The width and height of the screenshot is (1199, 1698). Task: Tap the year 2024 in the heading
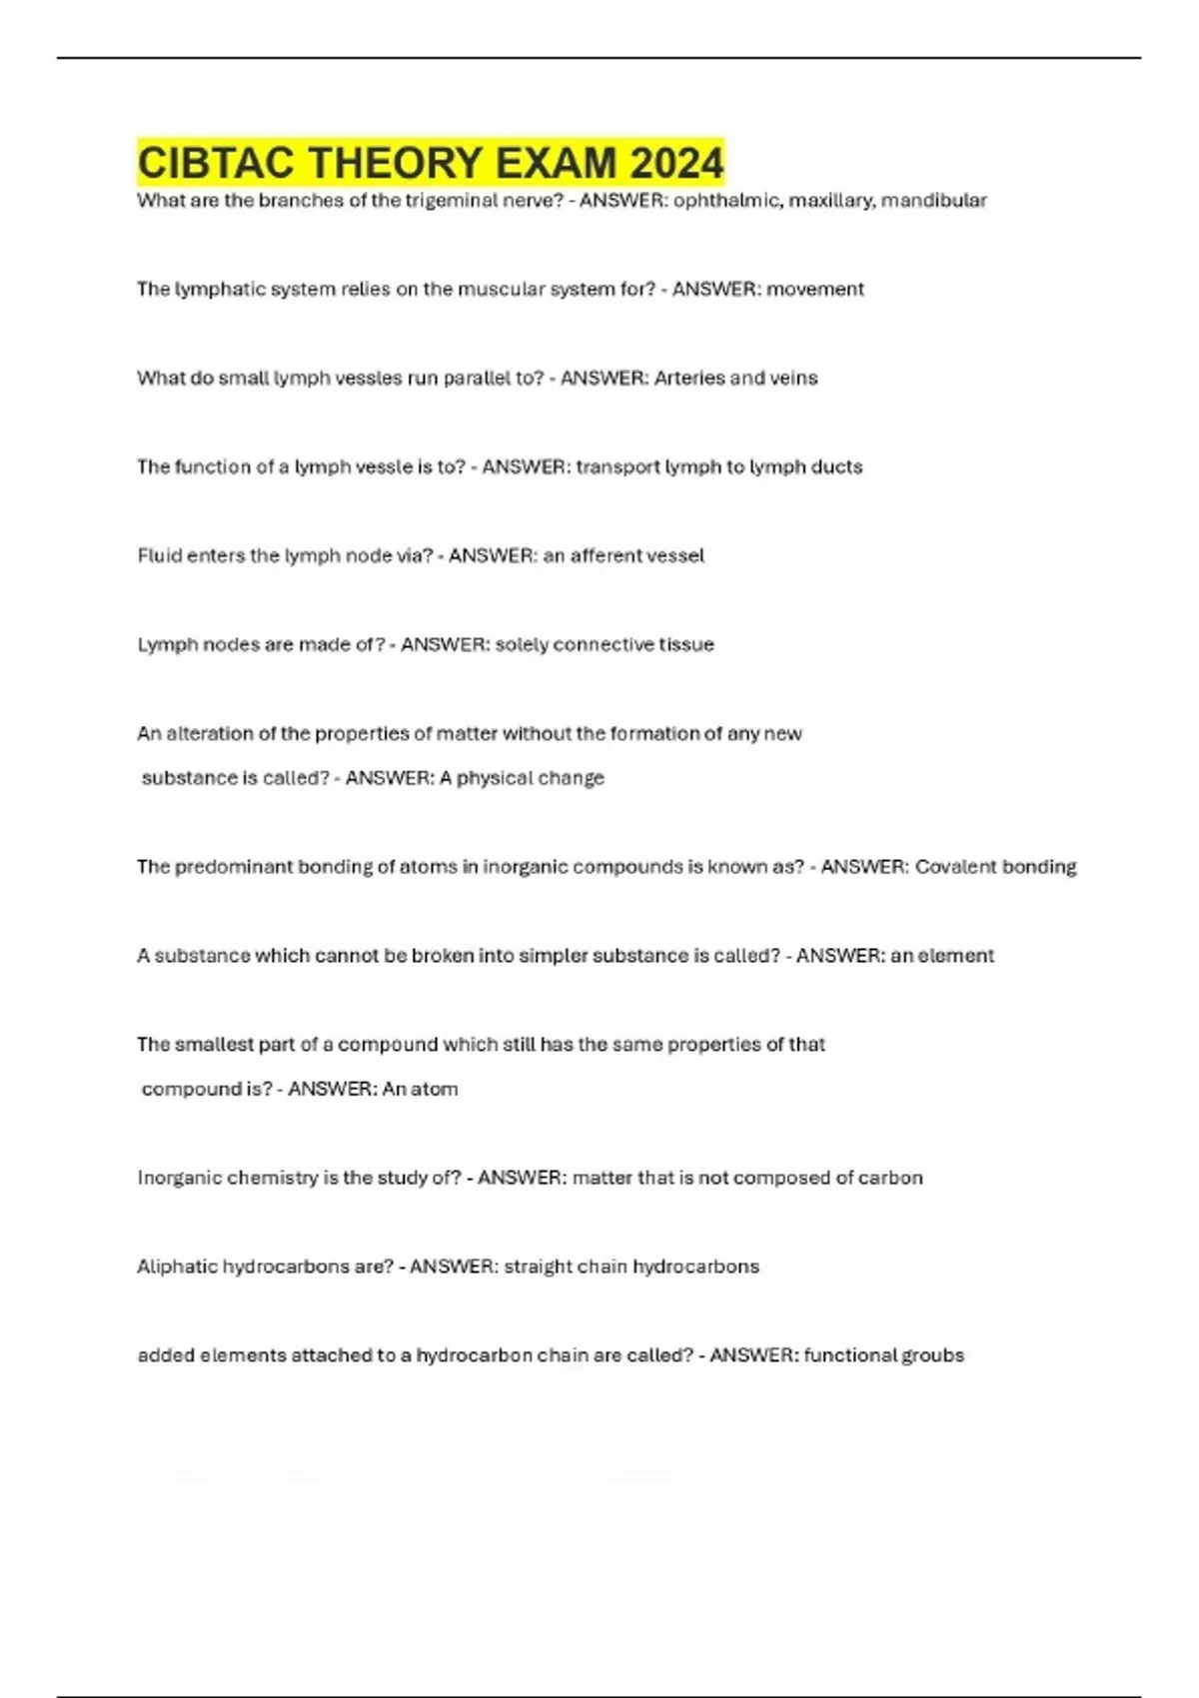676,163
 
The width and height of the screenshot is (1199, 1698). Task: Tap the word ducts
836,467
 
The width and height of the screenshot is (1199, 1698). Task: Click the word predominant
236,867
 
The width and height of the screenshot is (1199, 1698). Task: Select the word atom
435,1090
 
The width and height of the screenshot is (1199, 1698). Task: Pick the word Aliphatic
177,1268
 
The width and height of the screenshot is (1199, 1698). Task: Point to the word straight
540,1268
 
